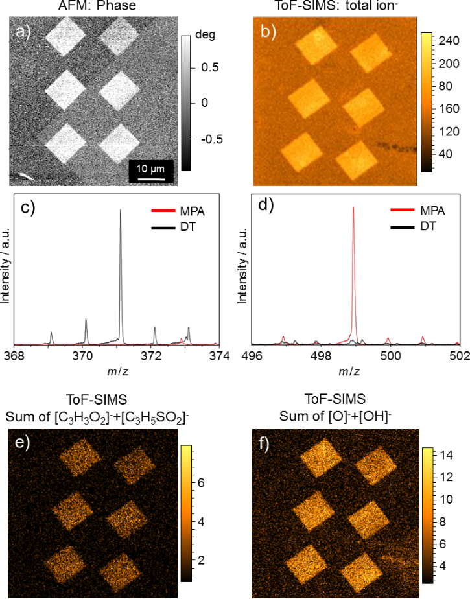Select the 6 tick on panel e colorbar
(202, 484)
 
